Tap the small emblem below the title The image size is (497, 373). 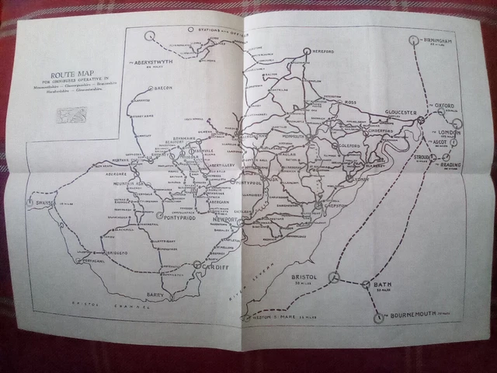tap(68, 114)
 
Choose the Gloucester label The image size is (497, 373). tap(401, 112)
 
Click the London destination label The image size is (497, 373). tap(450, 132)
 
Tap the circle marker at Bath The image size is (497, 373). tap(365, 284)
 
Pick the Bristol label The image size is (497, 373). tap(302, 277)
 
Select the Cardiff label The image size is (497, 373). tap(217, 267)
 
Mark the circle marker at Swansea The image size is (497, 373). tap(30, 202)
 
